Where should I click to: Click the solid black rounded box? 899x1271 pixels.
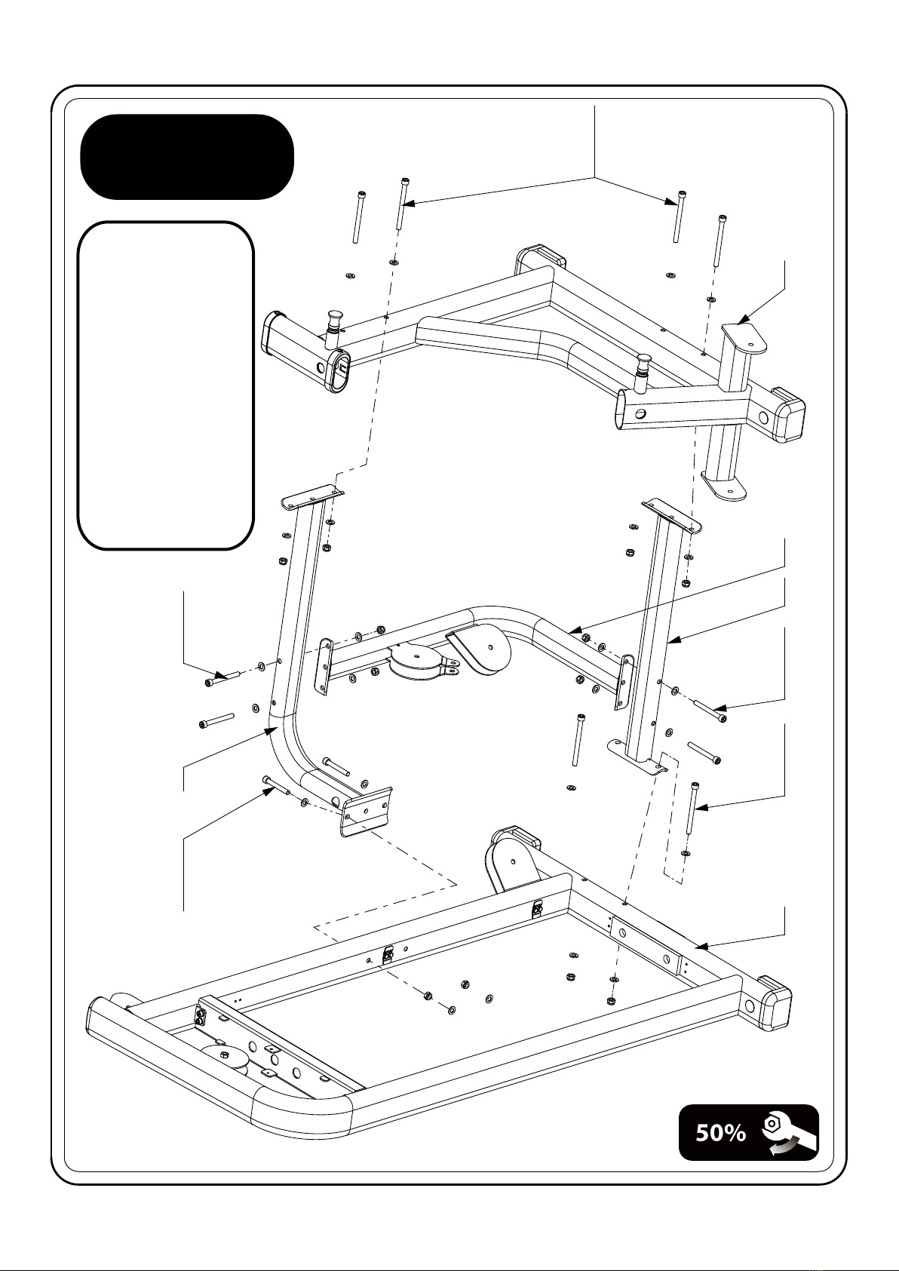pyautogui.click(x=186, y=157)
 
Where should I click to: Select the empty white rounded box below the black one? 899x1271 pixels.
pyautogui.click(x=165, y=385)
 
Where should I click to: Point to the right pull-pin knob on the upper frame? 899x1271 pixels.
pyautogui.click(x=643, y=366)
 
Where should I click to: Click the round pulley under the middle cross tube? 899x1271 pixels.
pyautogui.click(x=413, y=663)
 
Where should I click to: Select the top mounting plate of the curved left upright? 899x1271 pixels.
pyautogui.click(x=312, y=497)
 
